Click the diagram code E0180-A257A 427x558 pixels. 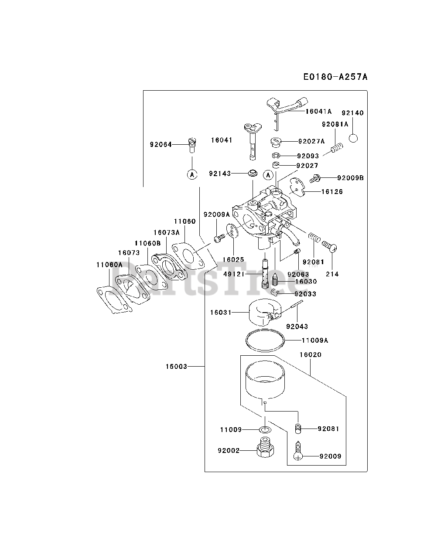coord(335,77)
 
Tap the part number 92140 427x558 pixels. coord(352,113)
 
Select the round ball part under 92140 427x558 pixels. coord(353,138)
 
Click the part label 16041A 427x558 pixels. coord(318,112)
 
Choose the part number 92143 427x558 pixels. coord(219,173)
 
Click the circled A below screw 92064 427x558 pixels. coord(192,174)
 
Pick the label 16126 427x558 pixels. coord(332,191)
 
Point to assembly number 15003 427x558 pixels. coord(176,367)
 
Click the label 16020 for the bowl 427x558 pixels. coord(310,355)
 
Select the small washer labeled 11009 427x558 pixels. coord(264,430)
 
